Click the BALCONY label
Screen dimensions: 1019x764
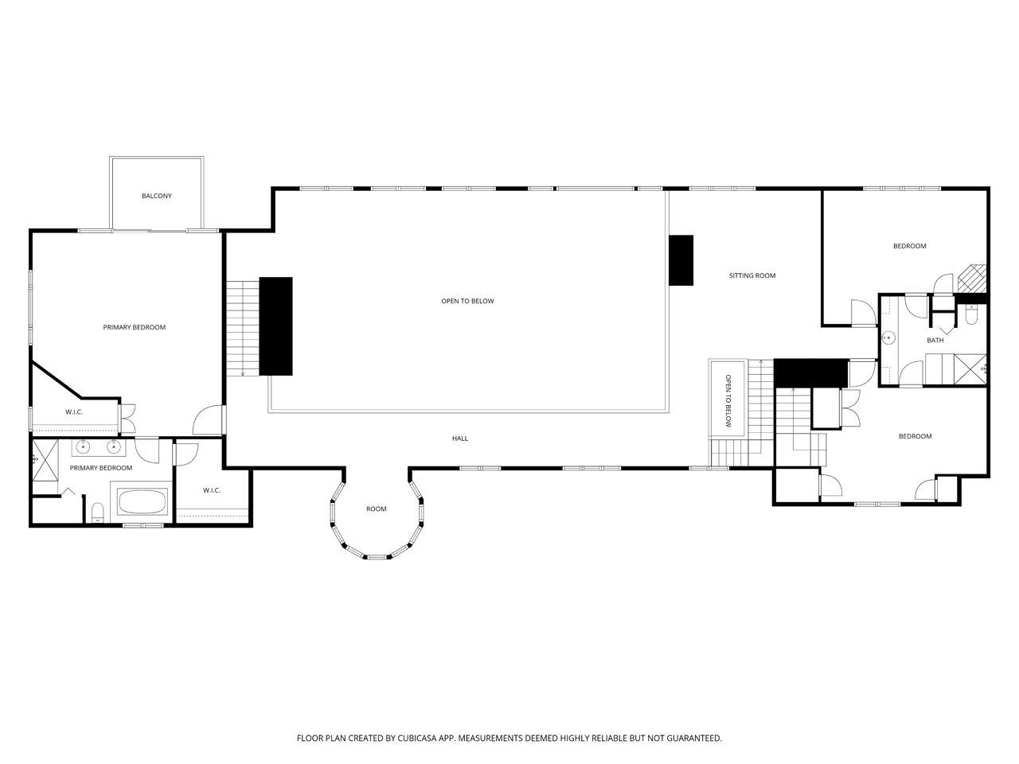click(x=157, y=196)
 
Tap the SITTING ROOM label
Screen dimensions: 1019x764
click(x=752, y=275)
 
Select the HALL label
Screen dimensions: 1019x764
click(x=460, y=439)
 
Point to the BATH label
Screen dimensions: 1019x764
click(x=935, y=340)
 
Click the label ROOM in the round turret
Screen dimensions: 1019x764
click(x=376, y=509)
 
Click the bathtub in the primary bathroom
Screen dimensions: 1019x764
click(x=142, y=501)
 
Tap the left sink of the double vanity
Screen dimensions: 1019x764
click(x=83, y=447)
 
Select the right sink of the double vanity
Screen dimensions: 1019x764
click(x=114, y=447)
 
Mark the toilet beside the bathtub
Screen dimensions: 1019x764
click(x=97, y=512)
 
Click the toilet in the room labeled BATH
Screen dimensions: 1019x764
click(x=971, y=314)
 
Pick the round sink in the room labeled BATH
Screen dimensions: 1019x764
click(x=888, y=337)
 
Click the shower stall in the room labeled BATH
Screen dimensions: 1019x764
click(x=970, y=369)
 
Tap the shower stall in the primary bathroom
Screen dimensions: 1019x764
click(x=45, y=460)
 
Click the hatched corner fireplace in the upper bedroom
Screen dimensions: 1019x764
click(x=973, y=279)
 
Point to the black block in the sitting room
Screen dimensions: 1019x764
click(x=681, y=260)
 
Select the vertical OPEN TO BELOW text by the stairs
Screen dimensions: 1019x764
click(x=728, y=401)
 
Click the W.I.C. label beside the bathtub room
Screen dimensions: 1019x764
click(x=211, y=490)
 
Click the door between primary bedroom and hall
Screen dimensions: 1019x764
click(x=208, y=420)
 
